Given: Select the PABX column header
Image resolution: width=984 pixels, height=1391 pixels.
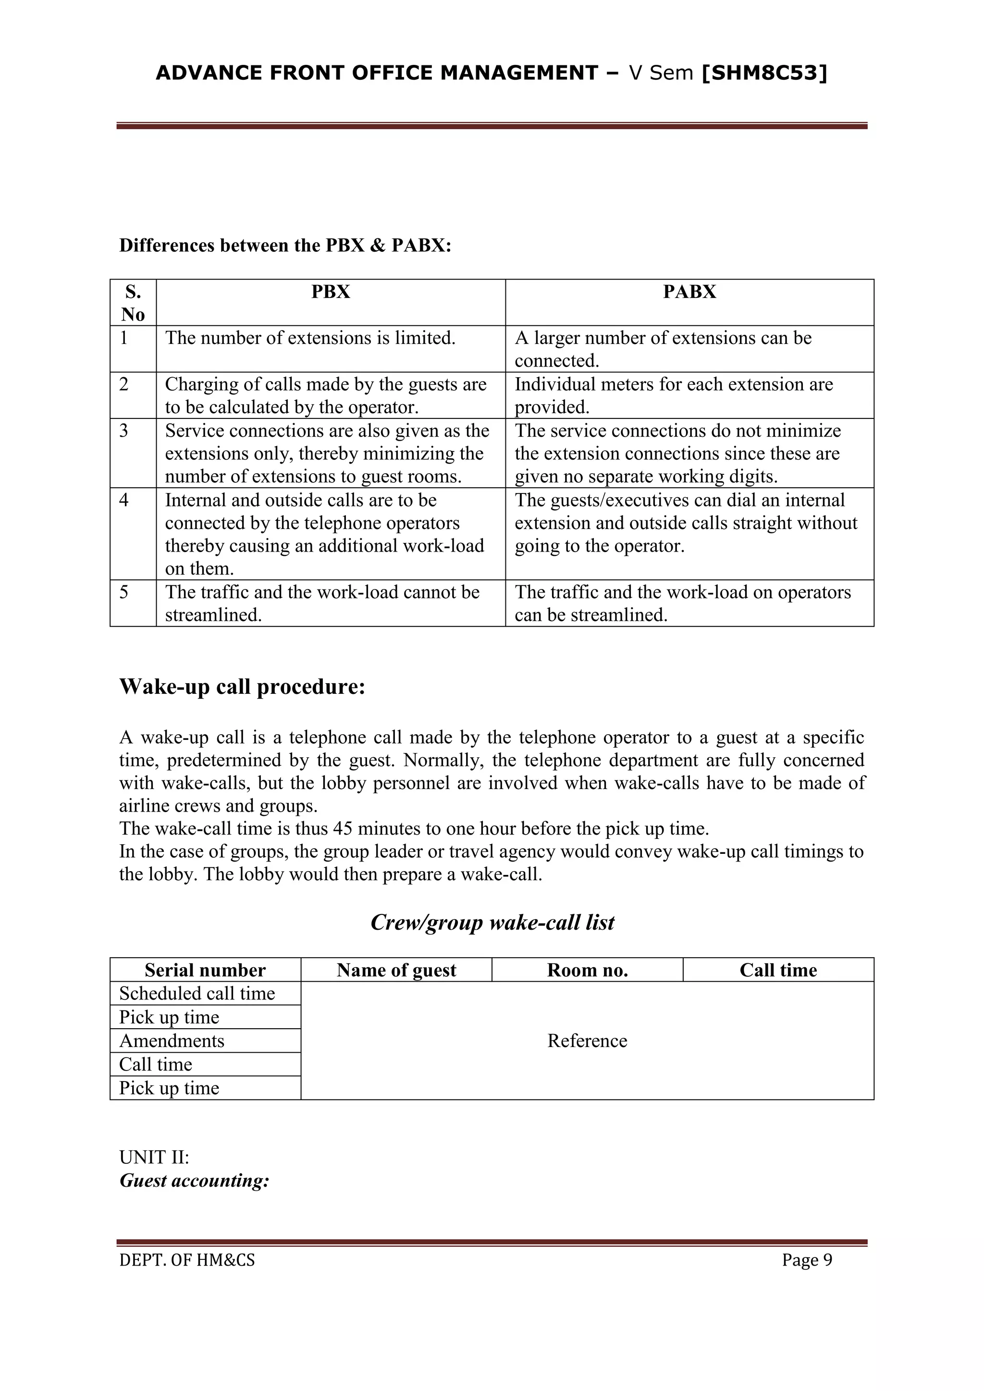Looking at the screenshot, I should point(689,292).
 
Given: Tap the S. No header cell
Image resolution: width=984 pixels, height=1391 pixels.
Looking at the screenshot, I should point(133,303).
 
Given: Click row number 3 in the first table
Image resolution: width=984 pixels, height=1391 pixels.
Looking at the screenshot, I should point(124,431).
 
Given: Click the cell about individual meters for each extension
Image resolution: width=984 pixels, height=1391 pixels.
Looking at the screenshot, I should point(673,395).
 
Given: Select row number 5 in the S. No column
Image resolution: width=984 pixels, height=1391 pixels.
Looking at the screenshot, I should point(124,592).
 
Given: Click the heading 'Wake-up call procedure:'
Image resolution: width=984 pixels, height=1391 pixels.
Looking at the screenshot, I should point(242,687).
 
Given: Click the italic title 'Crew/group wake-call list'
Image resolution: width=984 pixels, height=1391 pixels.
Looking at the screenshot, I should point(492,922).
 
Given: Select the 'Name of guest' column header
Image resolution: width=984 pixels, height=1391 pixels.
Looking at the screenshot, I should point(396,970).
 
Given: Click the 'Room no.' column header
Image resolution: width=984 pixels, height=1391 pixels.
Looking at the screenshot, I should point(587,970).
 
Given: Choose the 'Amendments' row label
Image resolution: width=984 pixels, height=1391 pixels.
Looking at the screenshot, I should point(172,1041).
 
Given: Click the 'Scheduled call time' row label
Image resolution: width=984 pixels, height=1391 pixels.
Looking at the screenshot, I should point(197,994).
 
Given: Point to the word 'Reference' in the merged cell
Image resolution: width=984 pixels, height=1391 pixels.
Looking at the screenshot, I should point(587,1041).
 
